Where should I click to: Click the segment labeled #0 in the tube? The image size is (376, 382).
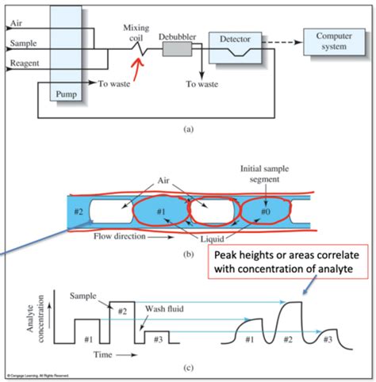(263, 213)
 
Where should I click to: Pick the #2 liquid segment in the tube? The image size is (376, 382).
(79, 213)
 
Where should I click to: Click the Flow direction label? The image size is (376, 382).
(117, 235)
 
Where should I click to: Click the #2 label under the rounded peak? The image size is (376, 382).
(287, 339)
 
